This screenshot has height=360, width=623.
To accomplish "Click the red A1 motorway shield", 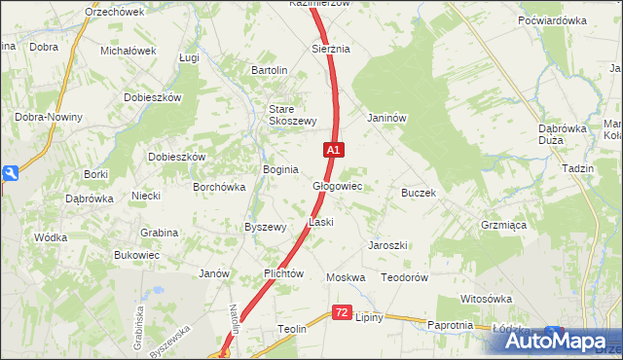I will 333,150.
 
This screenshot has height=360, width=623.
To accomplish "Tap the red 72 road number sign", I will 341,312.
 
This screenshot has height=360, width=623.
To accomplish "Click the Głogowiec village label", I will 337,185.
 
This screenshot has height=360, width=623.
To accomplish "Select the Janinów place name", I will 385,118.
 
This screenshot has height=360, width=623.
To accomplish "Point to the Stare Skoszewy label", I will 293,115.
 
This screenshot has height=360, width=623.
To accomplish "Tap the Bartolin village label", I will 270,71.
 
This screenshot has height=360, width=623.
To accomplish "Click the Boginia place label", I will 280,169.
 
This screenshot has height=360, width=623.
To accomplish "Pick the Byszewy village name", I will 265,227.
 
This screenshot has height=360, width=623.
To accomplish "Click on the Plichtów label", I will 285,274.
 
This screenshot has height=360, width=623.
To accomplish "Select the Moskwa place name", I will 346,277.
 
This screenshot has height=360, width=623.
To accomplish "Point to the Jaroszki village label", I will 386,245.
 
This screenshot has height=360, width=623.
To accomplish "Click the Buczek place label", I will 418,193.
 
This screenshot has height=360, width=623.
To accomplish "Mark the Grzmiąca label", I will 503,224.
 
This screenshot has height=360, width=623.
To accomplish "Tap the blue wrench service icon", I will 10,173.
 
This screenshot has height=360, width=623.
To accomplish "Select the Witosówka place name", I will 486,299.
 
